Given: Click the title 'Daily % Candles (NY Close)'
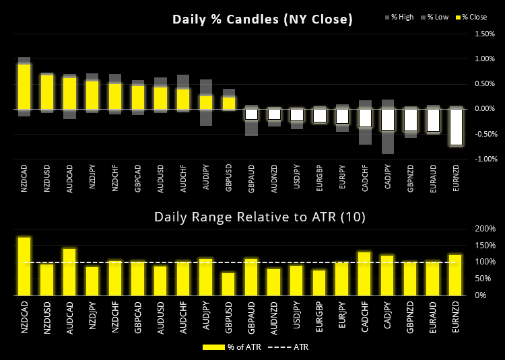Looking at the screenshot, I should click(x=262, y=20).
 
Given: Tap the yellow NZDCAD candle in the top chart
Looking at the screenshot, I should click(x=24, y=86).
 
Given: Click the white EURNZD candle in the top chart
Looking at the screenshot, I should click(x=456, y=127).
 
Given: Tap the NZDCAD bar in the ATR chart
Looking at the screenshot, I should click(x=24, y=266).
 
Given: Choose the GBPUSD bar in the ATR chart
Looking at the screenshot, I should click(x=228, y=283).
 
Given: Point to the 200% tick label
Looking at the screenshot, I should click(x=484, y=229).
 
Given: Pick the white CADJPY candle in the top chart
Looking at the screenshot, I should click(x=387, y=119).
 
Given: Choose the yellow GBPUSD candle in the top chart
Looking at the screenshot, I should click(x=228, y=102).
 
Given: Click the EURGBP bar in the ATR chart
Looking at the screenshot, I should click(x=319, y=283).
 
